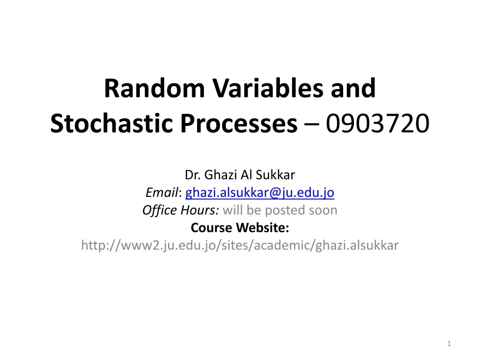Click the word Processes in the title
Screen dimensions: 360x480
(x=240, y=124)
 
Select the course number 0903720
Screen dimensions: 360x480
(x=378, y=124)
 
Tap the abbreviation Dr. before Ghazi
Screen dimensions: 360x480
(x=193, y=175)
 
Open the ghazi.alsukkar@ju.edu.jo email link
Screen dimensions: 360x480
(x=260, y=193)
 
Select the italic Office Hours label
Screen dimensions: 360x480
(x=180, y=210)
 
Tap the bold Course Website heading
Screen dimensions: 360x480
(x=240, y=228)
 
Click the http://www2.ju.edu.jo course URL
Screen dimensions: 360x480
(x=240, y=245)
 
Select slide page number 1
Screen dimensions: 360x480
(x=449, y=345)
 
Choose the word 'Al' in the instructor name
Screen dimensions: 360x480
(x=247, y=175)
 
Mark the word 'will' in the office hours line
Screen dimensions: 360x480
(x=232, y=210)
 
